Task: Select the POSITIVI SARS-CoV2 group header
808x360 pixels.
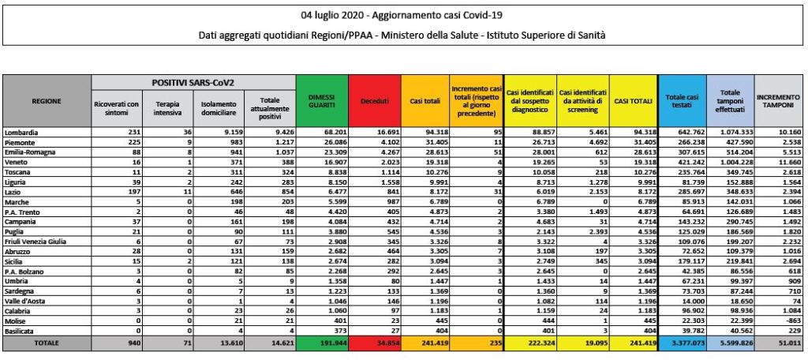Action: (x=193, y=82)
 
